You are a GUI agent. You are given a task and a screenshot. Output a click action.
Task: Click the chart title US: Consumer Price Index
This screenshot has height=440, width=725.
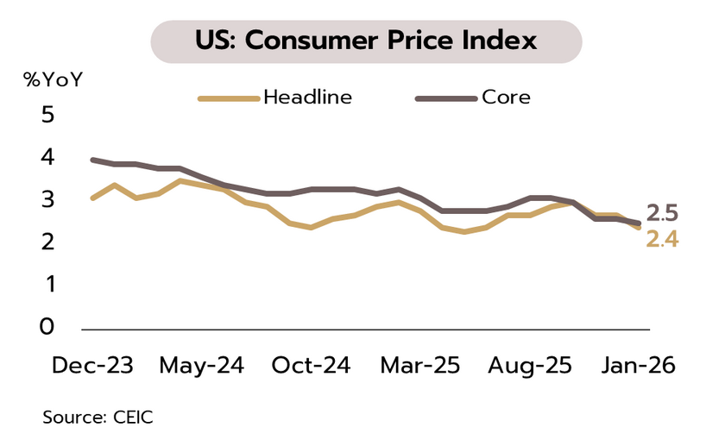click(x=366, y=41)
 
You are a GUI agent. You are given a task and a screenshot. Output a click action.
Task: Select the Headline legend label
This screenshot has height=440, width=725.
click(x=308, y=97)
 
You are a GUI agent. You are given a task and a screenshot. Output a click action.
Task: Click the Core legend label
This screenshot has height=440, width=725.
click(x=506, y=97)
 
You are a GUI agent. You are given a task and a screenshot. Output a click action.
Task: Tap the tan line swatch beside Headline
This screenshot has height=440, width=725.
click(x=229, y=98)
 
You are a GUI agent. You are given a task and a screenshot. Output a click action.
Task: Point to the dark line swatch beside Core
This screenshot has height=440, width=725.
click(x=446, y=98)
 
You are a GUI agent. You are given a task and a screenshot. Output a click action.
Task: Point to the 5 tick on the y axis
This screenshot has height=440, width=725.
click(x=47, y=115)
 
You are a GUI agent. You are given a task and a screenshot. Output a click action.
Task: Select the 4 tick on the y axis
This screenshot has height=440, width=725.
click(x=47, y=157)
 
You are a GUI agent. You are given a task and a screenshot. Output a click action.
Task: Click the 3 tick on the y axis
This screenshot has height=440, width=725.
click(x=47, y=199)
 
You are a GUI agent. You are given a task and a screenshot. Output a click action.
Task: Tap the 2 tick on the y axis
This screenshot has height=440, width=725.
click(x=47, y=242)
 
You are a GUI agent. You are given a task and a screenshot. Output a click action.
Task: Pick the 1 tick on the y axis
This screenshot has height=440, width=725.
click(x=47, y=284)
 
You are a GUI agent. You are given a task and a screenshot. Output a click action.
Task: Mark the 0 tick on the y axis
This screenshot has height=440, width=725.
click(x=47, y=326)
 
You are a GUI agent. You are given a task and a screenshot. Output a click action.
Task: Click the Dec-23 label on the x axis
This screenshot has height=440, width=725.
click(x=92, y=365)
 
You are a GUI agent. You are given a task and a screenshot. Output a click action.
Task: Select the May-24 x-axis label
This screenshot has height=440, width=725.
click(x=201, y=365)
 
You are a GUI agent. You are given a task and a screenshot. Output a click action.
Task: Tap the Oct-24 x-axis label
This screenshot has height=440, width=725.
click(x=311, y=365)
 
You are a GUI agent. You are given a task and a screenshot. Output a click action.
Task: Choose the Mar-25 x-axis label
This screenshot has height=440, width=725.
click(x=420, y=365)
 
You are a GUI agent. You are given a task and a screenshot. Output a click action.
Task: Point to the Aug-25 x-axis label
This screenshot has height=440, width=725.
click(x=529, y=365)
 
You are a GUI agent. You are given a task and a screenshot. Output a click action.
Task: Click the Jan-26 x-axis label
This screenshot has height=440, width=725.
click(x=636, y=365)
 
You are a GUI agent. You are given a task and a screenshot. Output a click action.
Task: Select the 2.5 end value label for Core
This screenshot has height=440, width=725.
click(x=662, y=213)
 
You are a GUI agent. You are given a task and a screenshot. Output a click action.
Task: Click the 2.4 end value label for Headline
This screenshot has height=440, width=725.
click(x=662, y=239)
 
